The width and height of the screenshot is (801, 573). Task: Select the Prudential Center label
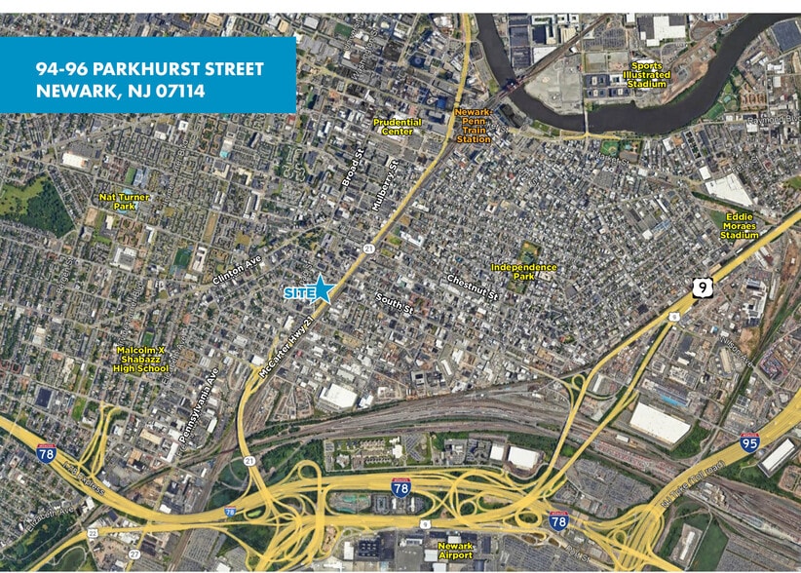(x=399, y=127)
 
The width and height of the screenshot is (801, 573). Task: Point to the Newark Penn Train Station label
(x=474, y=126)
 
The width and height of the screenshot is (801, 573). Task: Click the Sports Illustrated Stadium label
(x=647, y=75)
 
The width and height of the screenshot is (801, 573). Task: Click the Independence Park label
(x=524, y=271)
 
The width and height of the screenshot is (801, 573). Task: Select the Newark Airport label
(x=455, y=551)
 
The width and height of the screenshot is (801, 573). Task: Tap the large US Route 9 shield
(x=702, y=287)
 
